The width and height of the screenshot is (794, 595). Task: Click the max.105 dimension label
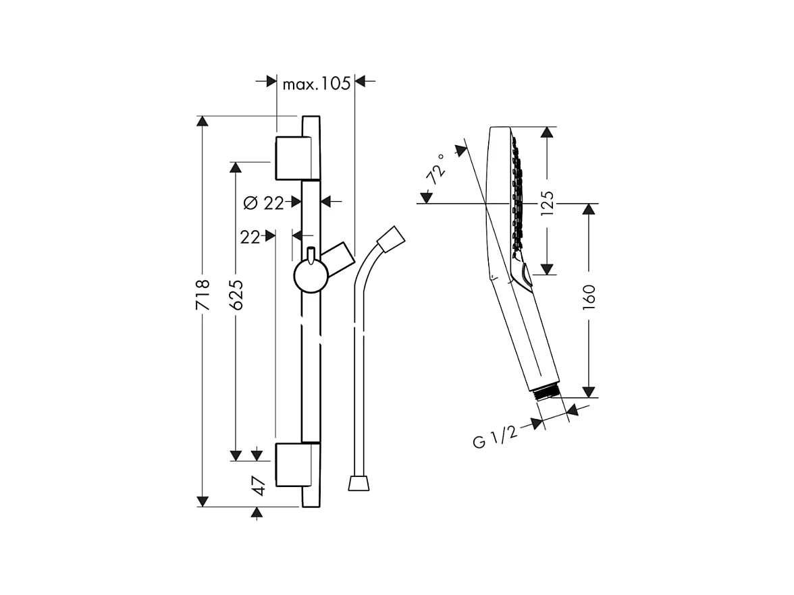coord(316,83)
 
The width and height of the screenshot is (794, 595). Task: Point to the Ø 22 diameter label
coord(263,202)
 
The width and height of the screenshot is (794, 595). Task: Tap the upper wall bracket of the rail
coord(293,159)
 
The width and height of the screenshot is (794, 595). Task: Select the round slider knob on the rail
coord(311,277)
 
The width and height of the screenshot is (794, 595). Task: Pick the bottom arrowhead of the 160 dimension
coord(589,392)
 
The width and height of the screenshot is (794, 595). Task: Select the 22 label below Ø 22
coord(250,237)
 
